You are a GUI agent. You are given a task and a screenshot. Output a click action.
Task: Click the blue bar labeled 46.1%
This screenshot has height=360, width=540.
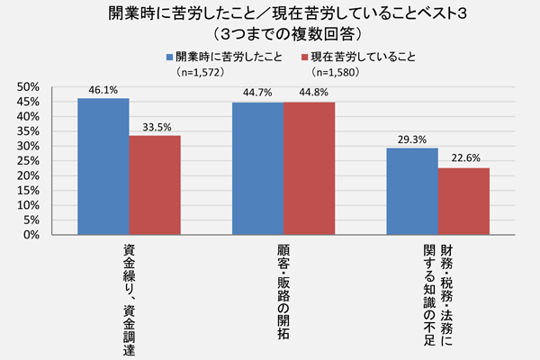tap(103, 166)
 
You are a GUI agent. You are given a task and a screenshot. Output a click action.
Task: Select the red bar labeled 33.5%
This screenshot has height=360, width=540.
tap(154, 185)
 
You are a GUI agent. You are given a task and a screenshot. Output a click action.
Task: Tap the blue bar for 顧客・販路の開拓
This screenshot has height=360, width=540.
tap(257, 168)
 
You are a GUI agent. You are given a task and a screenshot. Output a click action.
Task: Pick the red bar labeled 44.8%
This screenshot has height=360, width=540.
tap(309, 168)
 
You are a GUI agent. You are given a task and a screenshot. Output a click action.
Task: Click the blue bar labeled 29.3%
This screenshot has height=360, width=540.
tap(411, 192)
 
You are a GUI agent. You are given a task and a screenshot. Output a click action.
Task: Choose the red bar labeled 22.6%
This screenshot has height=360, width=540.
tap(463, 202)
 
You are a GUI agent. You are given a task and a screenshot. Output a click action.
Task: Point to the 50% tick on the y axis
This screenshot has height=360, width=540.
tap(27, 87)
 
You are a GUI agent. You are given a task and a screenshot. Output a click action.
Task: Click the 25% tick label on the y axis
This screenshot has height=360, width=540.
tap(27, 161)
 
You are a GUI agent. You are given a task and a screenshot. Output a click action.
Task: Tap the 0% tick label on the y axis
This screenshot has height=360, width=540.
tap(30, 235)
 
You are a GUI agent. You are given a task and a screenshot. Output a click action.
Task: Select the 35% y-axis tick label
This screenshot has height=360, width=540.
tap(27, 131)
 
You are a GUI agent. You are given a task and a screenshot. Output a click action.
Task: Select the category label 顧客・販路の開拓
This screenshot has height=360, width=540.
tap(283, 288)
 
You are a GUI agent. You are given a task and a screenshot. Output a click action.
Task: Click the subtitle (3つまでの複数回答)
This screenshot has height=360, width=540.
tap(270, 34)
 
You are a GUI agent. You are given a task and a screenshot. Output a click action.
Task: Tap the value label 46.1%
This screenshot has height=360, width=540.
tap(103, 90)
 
